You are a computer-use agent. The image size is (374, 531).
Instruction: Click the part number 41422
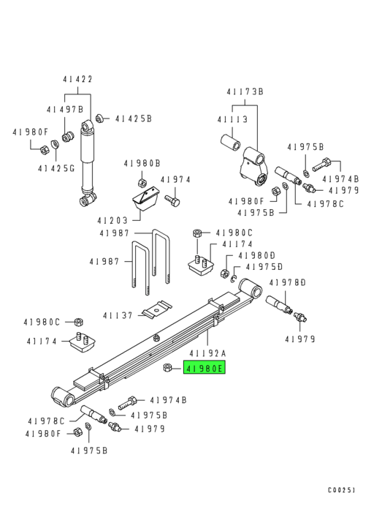coord(78,79)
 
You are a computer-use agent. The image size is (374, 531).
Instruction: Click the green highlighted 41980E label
coord(205,369)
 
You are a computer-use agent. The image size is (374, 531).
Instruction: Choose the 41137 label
coord(117,315)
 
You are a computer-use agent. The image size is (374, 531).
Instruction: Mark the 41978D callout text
coord(287,282)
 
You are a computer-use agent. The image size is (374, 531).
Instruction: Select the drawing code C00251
coord(341,491)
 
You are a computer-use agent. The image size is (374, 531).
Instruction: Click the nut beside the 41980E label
coord(168,368)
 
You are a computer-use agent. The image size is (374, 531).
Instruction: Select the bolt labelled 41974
coord(173,198)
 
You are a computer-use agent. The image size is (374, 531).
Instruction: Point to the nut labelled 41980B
coord(142,182)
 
